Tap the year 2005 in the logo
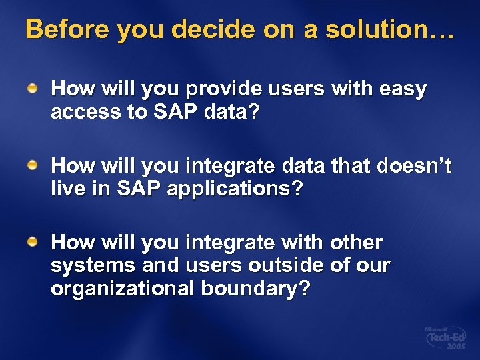point(456,348)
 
